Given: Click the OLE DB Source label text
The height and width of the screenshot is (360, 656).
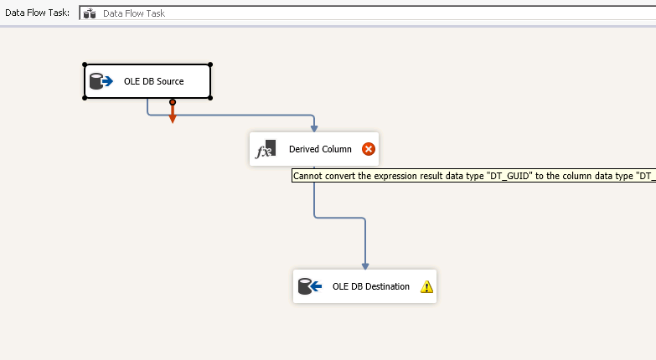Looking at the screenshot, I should click(153, 81).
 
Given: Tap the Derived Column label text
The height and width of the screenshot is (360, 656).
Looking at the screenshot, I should click(320, 149).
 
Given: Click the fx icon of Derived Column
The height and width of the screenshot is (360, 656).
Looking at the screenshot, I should click(265, 149).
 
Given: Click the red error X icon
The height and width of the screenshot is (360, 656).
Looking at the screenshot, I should click(369, 149).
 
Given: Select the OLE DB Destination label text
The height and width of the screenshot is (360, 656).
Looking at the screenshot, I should click(371, 286).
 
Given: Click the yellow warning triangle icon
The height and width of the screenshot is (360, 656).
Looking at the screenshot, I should click(426, 286).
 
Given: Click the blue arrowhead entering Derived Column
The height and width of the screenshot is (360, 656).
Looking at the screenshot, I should click(314, 127).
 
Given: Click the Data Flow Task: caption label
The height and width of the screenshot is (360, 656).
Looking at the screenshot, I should click(37, 13).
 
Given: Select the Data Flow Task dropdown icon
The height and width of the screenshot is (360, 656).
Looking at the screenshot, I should click(90, 13).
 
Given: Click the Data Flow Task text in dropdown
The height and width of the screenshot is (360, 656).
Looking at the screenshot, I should click(134, 13).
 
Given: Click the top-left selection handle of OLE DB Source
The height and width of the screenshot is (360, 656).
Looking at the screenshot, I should click(85, 64).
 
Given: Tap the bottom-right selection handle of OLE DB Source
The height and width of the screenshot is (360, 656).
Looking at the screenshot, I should click(210, 98).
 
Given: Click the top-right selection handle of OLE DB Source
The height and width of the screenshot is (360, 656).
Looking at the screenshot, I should click(210, 64).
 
